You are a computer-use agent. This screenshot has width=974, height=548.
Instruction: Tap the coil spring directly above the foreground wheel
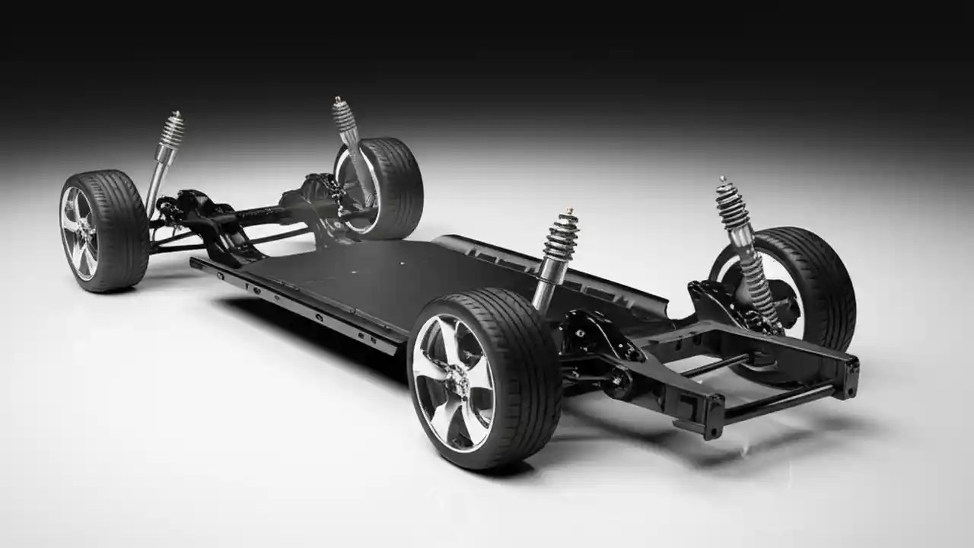562,236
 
